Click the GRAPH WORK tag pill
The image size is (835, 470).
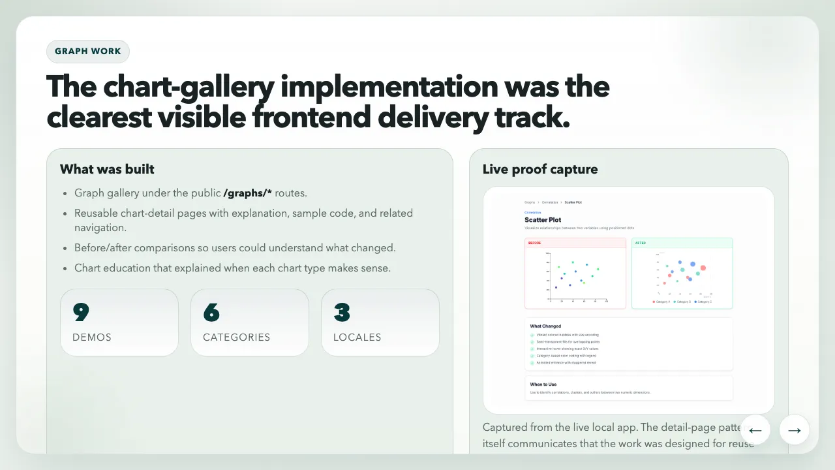pyautogui.click(x=88, y=52)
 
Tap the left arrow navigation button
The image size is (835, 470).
pyautogui.click(x=755, y=430)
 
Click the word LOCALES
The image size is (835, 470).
pyautogui.click(x=357, y=337)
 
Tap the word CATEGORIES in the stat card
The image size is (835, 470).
pyautogui.click(x=236, y=337)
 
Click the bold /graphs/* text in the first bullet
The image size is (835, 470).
pyautogui.click(x=248, y=193)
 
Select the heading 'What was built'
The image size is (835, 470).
pyautogui.click(x=107, y=169)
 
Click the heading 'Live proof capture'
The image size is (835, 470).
pyautogui.click(x=539, y=169)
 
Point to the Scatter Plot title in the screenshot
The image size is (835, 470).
pyautogui.click(x=543, y=220)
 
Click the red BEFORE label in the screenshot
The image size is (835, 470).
pyautogui.click(x=535, y=243)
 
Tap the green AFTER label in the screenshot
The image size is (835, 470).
pyautogui.click(x=641, y=243)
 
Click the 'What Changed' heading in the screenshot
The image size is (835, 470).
pyautogui.click(x=545, y=326)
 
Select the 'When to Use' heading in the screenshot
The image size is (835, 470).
pyautogui.click(x=543, y=384)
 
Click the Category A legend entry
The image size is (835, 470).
pyautogui.click(x=661, y=302)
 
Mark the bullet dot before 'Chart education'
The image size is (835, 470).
pyautogui.click(x=65, y=268)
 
